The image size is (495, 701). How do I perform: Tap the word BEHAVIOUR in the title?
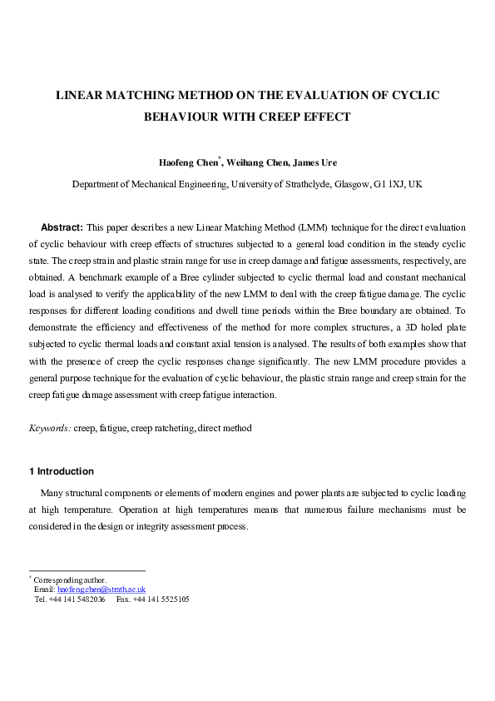182,117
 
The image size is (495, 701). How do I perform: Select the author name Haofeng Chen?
188,162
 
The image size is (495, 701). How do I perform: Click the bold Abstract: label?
62,227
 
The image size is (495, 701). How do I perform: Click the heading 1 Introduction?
62,471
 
